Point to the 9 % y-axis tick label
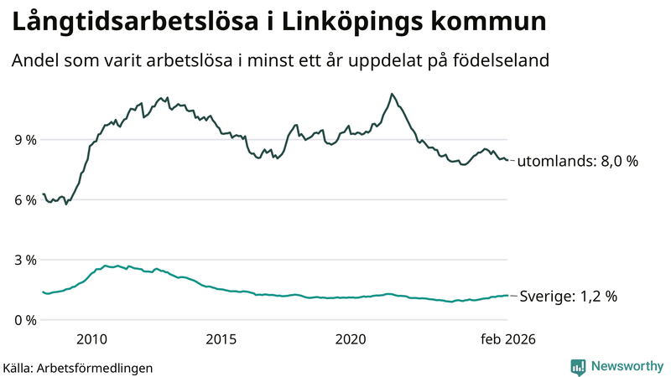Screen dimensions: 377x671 [x=24, y=140]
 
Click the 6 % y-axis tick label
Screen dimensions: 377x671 [x=24, y=200]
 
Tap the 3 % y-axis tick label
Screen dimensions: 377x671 [x=24, y=261]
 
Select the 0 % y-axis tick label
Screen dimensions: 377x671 [x=24, y=320]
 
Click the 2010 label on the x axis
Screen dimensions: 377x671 [x=91, y=339]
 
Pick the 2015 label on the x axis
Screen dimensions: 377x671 [x=221, y=339]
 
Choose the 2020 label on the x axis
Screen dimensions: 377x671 [x=351, y=339]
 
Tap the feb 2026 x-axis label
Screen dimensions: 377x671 [x=507, y=339]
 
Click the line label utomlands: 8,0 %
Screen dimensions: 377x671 [x=577, y=162]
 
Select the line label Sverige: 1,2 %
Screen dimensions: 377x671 [x=569, y=297]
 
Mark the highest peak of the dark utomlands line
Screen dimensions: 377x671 [x=392, y=94]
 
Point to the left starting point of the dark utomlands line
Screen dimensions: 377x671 [x=43, y=194]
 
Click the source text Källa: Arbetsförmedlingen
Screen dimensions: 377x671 [x=78, y=367]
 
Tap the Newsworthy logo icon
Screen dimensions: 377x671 [x=578, y=366]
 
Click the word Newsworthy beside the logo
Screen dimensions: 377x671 [x=625, y=366]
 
